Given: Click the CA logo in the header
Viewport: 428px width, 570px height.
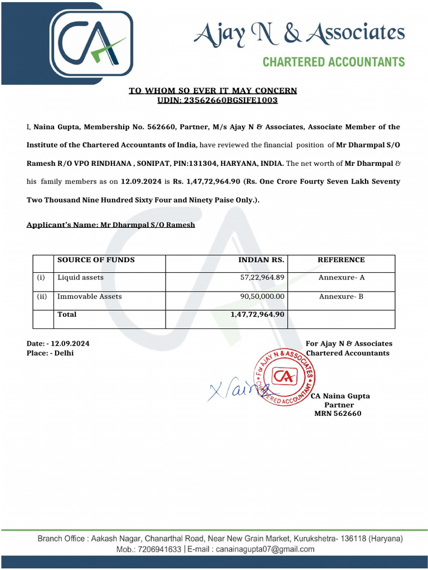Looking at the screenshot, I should (x=92, y=43).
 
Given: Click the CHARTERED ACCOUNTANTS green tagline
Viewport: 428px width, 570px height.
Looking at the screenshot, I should (x=333, y=62).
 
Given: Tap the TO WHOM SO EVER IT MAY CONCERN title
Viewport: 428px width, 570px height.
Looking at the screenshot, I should (x=213, y=91).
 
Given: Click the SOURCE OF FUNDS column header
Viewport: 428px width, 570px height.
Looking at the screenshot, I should (x=96, y=260).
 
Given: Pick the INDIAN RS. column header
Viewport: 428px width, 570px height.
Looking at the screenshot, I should (x=261, y=260).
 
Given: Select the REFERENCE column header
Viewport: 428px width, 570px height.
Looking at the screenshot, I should (x=341, y=260).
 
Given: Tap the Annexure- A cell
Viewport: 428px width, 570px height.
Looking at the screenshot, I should (x=341, y=277).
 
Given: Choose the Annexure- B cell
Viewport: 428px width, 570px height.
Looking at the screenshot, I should (x=341, y=297).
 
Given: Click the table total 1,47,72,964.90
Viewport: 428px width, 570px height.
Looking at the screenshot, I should (x=257, y=315).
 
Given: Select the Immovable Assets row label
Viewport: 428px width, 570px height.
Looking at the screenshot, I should (x=89, y=297).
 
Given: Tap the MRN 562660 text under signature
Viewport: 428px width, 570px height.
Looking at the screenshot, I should (x=338, y=414).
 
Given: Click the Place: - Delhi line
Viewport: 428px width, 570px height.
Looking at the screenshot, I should (x=50, y=353).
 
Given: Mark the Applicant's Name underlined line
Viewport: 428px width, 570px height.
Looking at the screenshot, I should (x=111, y=225).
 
